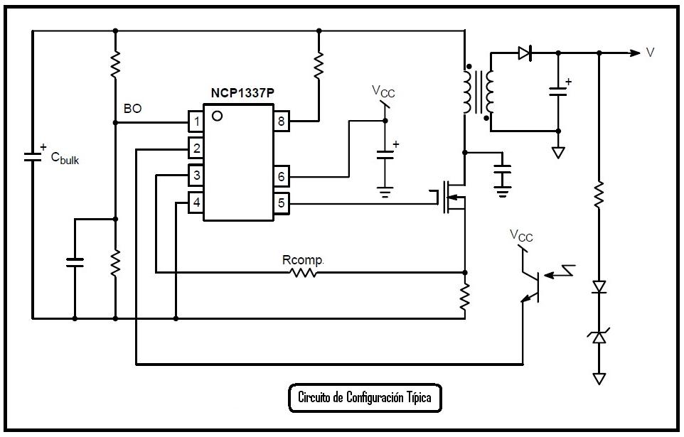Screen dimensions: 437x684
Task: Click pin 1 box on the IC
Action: pyautogui.click(x=196, y=122)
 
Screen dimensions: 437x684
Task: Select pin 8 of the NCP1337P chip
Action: pyautogui.click(x=282, y=122)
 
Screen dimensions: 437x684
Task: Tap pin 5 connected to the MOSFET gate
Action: pyautogui.click(x=282, y=204)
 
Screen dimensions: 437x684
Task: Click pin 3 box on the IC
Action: pyautogui.click(x=196, y=175)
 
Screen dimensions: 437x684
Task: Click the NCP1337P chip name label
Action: pyautogui.click(x=240, y=94)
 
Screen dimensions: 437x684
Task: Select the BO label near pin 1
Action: pyautogui.click(x=132, y=109)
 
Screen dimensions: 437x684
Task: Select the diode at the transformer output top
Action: pyautogui.click(x=525, y=53)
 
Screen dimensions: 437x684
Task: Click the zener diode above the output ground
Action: pyautogui.click(x=599, y=338)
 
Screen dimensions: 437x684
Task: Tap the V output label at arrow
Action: pyautogui.click(x=650, y=53)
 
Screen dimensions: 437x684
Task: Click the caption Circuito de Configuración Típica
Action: pyautogui.click(x=365, y=397)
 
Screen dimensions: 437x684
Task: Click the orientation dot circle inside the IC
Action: pyautogui.click(x=216, y=116)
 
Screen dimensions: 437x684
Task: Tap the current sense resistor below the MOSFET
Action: pyautogui.click(x=464, y=297)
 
